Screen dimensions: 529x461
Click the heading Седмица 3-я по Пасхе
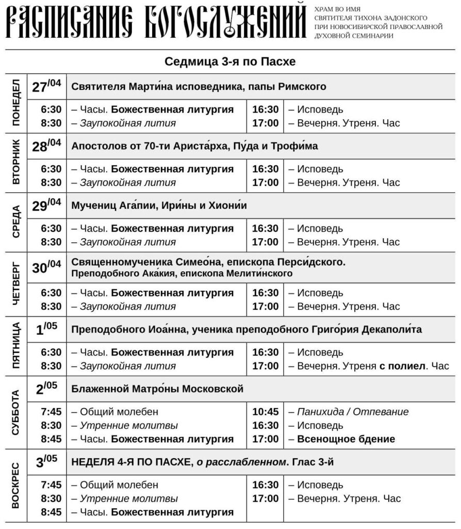pyautogui.click(x=230, y=62)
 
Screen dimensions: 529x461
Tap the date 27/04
pyautogui.click(x=46, y=86)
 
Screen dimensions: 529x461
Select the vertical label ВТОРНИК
pyautogui.click(x=16, y=162)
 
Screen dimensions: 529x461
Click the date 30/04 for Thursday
pyautogui.click(x=46, y=268)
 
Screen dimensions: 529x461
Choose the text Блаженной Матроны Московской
pyautogui.click(x=157, y=388)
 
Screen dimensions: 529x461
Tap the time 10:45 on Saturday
pyautogui.click(x=266, y=412)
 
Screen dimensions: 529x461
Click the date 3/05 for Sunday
pyautogui.click(x=46, y=461)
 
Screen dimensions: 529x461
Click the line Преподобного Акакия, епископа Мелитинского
pyautogui.click(x=182, y=273)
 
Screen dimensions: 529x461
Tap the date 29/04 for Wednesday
pyautogui.click(x=46, y=205)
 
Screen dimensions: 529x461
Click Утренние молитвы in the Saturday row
pyautogui.click(x=128, y=426)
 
